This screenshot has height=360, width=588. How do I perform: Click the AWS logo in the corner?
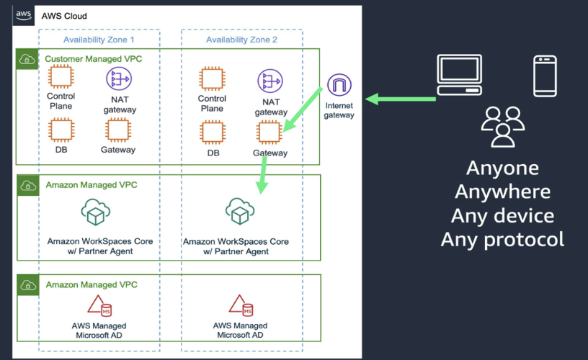(x=24, y=16)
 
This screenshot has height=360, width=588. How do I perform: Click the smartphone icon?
(x=545, y=76)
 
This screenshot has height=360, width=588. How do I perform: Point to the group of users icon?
(x=502, y=125)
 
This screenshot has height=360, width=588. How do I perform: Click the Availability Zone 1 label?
(x=99, y=40)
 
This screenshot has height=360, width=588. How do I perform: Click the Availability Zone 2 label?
(x=241, y=40)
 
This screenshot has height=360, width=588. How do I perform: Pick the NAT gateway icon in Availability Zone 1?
(x=120, y=80)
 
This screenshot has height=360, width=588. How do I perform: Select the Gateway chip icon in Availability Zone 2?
(x=269, y=132)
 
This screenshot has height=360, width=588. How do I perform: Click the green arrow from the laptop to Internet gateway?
(x=401, y=98)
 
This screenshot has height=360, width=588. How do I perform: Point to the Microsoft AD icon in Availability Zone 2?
(x=241, y=306)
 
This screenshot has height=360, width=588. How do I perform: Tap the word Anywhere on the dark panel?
(x=502, y=192)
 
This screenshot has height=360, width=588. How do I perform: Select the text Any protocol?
(x=502, y=239)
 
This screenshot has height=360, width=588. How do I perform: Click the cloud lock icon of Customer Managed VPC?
(x=27, y=59)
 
